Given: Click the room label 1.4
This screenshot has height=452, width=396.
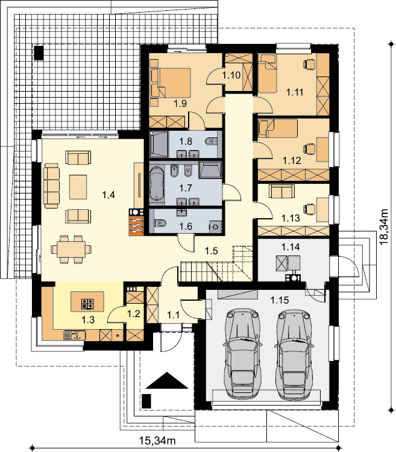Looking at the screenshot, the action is [x=108, y=195].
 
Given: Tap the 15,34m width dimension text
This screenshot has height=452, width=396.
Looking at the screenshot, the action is [x=157, y=441].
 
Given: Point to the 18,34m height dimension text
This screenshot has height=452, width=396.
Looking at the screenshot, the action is [x=384, y=226].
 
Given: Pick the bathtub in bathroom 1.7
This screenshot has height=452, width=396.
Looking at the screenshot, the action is [x=157, y=184].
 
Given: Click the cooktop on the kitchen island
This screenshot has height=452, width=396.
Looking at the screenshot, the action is [x=87, y=304].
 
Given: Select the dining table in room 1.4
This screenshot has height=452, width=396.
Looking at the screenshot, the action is [x=71, y=249].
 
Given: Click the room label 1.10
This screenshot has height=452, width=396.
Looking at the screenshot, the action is [x=231, y=75].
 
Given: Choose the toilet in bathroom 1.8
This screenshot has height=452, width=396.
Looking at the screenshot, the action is [x=211, y=142].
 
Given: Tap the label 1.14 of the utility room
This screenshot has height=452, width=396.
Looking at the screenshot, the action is [x=291, y=247].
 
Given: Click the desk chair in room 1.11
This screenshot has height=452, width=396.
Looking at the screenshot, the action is [x=309, y=64].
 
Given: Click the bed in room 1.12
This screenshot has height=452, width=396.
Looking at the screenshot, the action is [x=278, y=128].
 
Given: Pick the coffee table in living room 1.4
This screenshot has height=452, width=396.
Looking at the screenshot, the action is [x=78, y=187].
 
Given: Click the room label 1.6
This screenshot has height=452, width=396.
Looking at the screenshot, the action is [x=186, y=227].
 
